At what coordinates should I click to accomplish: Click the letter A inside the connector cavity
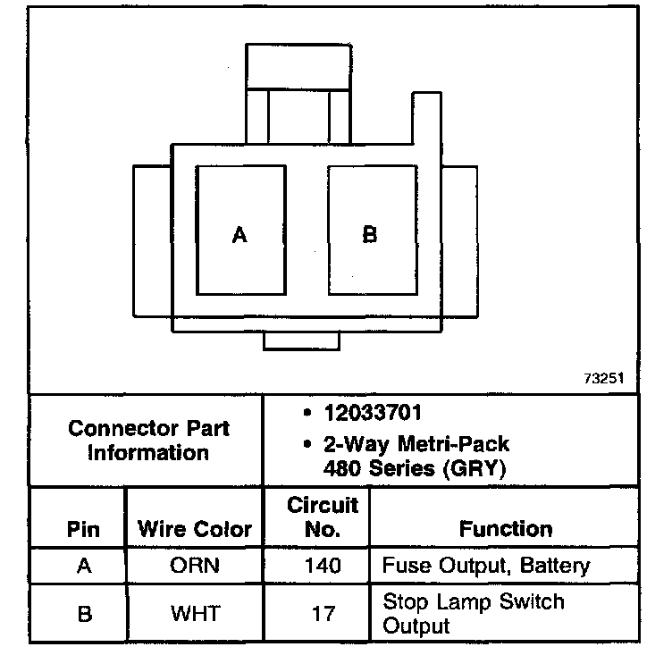point(239,235)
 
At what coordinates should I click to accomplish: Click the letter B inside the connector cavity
point(369,235)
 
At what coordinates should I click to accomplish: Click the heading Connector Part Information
point(148,440)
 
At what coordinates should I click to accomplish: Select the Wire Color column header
point(195,529)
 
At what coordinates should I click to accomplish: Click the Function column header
point(506,529)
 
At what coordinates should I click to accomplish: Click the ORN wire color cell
point(195,567)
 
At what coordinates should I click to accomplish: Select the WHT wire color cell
point(195,614)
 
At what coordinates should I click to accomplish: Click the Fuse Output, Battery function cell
point(486,566)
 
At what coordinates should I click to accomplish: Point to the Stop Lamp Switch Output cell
point(474,613)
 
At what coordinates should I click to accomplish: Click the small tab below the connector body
point(302,340)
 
